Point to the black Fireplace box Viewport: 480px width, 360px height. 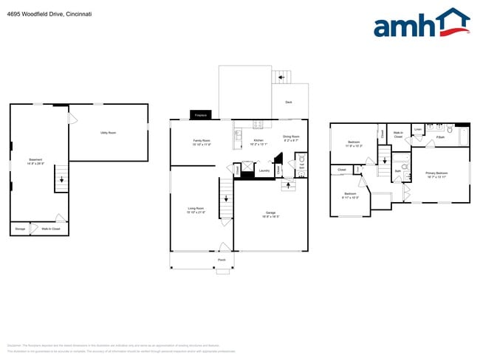click(x=199, y=115)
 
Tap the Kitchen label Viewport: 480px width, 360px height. click(x=258, y=142)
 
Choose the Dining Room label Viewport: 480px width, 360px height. click(x=291, y=138)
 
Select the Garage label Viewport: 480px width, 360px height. click(x=271, y=215)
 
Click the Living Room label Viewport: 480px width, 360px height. click(x=196, y=210)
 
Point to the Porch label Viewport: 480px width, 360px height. click(x=222, y=260)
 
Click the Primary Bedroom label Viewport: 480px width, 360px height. click(x=437, y=175)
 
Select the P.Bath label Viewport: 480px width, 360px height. click(x=440, y=137)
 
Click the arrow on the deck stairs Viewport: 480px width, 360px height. click(x=281, y=77)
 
